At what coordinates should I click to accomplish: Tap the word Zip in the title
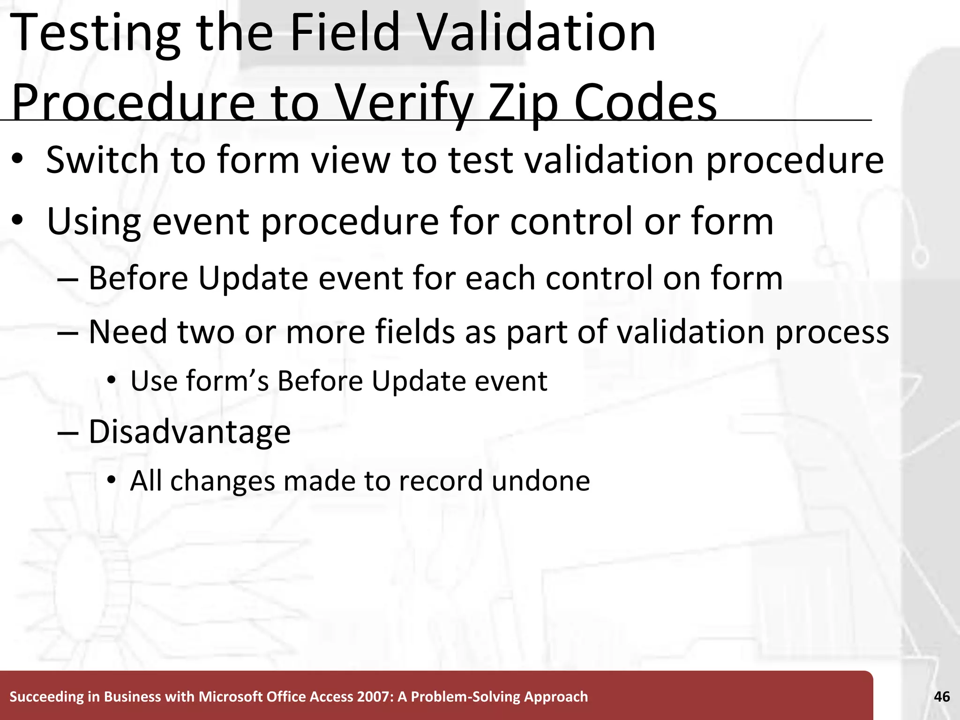(523, 104)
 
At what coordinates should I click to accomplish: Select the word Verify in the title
(403, 104)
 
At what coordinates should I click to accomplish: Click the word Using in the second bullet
(94, 222)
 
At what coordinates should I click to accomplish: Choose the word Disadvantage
(189, 432)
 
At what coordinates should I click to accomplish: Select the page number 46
(942, 697)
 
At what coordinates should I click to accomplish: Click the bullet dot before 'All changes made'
(111, 480)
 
